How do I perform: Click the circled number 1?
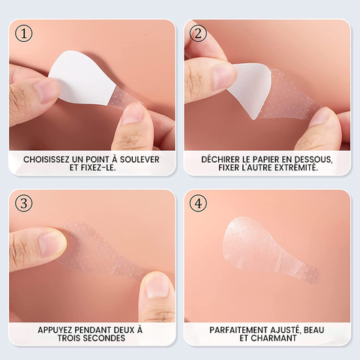(x=24, y=34)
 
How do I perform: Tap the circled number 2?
(x=198, y=34)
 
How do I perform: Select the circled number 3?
(x=24, y=203)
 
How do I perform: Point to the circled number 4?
(x=198, y=203)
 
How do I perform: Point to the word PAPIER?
(x=266, y=159)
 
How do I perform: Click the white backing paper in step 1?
(x=80, y=77)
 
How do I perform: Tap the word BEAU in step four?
(x=314, y=330)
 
